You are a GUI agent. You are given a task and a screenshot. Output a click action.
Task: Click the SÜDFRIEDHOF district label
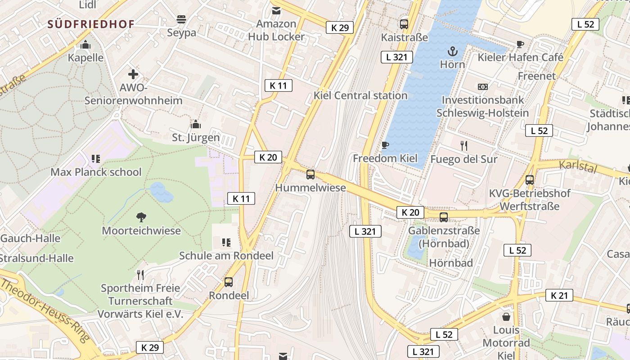91,24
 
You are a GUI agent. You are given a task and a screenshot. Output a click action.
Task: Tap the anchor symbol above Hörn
452,51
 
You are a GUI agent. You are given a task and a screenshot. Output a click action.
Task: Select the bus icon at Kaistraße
404,24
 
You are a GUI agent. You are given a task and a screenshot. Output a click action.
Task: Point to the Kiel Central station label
360,95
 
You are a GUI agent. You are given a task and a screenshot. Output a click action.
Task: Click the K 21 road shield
559,295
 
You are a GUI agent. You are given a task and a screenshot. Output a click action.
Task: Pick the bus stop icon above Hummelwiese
310,175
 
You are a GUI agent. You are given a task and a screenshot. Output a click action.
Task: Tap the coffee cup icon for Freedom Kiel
385,145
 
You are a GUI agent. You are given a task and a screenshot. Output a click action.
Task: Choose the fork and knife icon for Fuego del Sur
464,145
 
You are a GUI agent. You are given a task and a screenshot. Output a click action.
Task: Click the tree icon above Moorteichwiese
141,217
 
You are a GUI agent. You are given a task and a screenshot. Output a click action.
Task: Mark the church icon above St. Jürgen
196,124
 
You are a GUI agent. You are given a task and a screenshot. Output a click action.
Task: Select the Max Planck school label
96,172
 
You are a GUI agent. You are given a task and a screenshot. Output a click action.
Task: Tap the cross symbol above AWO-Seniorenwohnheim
133,74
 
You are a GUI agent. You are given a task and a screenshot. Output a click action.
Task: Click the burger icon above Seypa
181,19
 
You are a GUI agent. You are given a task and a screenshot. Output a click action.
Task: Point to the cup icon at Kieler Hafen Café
520,44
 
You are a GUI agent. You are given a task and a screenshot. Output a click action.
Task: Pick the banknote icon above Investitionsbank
482,86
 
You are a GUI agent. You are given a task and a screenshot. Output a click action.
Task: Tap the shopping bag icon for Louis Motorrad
506,317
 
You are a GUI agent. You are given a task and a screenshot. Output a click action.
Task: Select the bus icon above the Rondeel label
229,282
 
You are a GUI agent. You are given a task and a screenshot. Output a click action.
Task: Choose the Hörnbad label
450,263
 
